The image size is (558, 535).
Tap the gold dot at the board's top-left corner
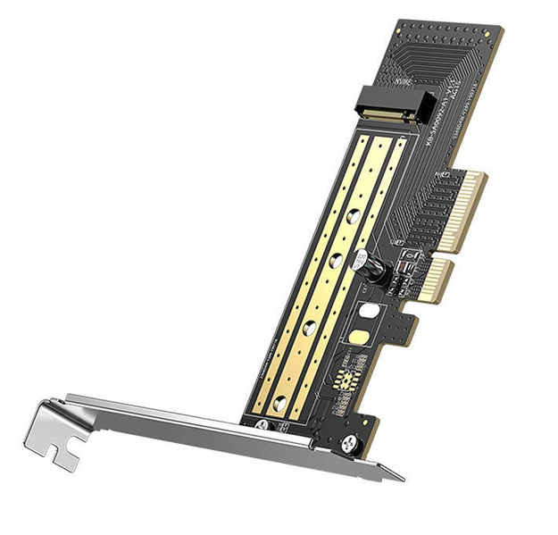399,24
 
